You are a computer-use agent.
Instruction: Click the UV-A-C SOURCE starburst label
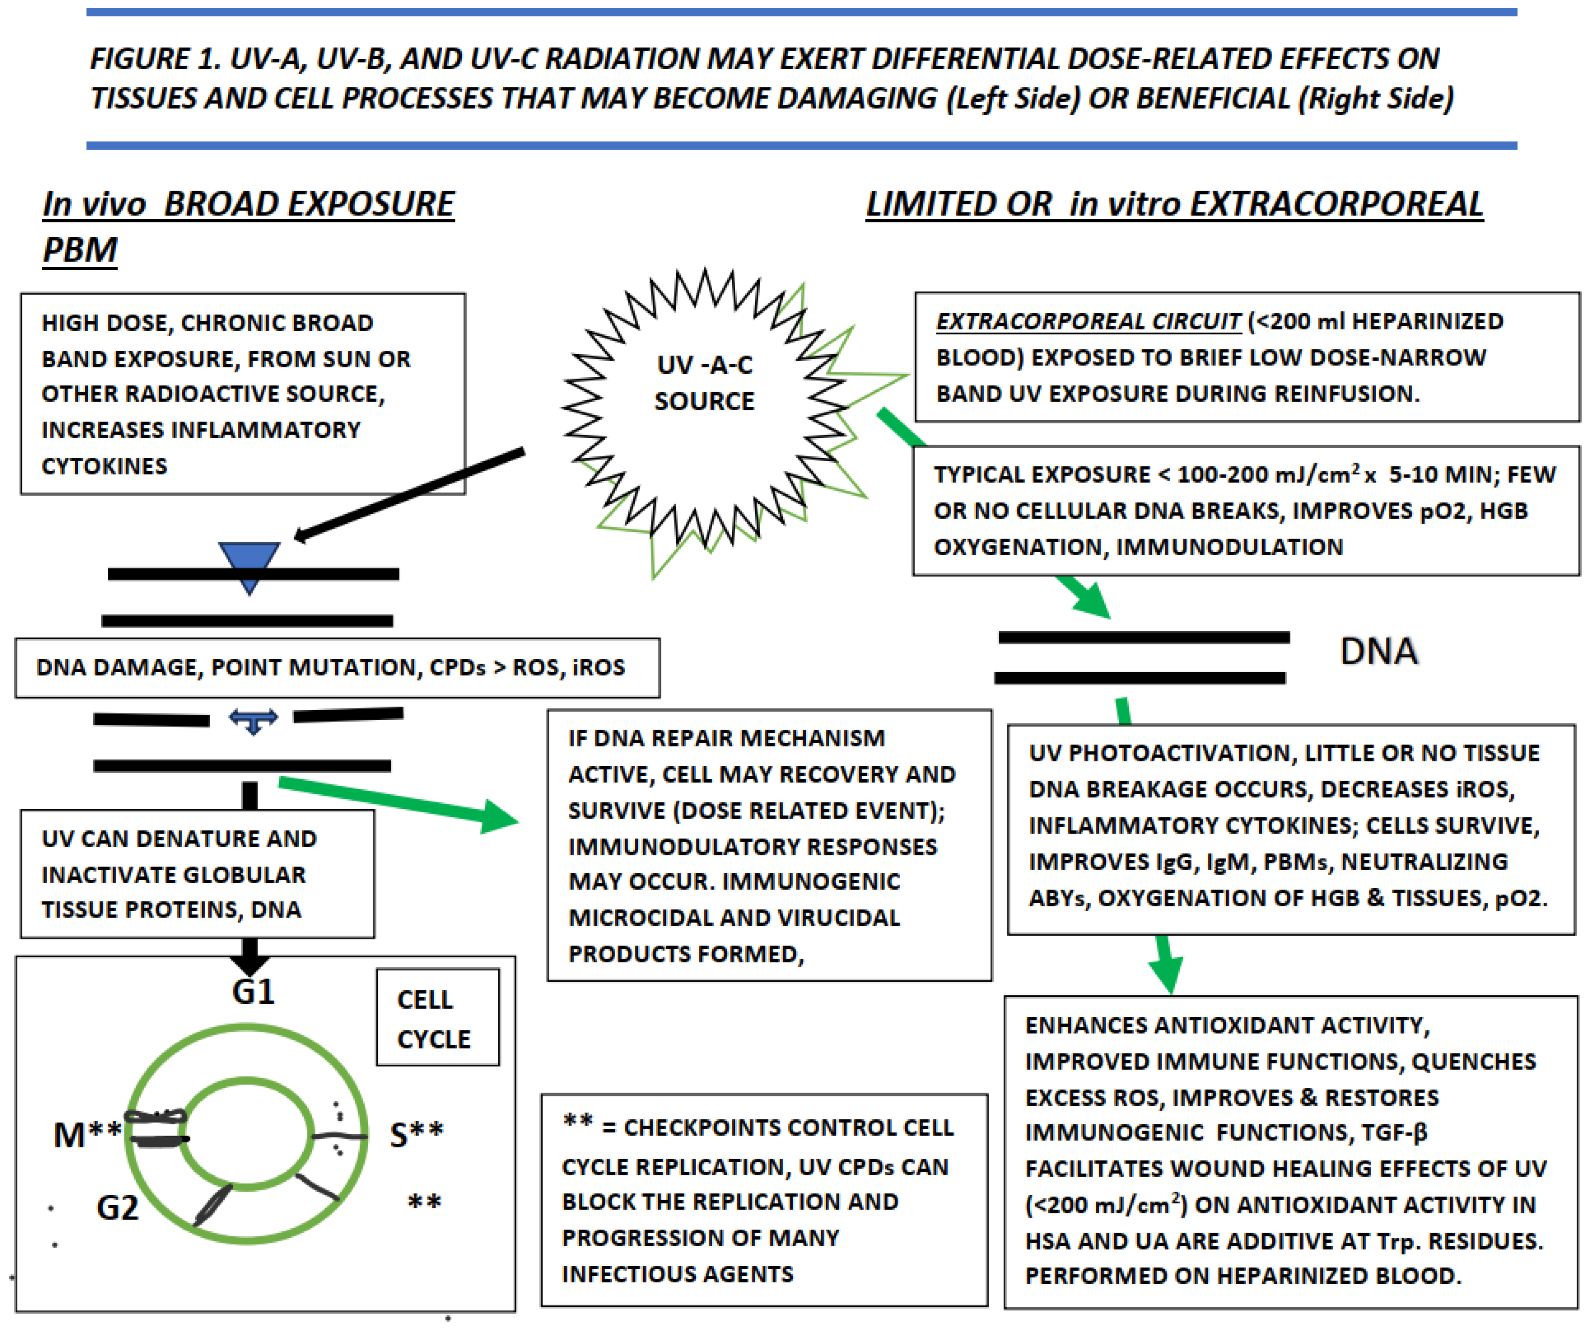click(704, 383)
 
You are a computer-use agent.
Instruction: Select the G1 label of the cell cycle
click(253, 992)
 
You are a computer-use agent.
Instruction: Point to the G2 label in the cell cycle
click(117, 1207)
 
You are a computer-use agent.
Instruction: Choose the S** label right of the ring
click(416, 1135)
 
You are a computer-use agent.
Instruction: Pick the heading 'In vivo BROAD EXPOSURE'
click(249, 205)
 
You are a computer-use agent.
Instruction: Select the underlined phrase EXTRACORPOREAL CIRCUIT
click(1088, 322)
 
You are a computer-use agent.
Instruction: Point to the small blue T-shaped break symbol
click(253, 720)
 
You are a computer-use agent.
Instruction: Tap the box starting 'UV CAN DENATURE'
click(197, 874)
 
